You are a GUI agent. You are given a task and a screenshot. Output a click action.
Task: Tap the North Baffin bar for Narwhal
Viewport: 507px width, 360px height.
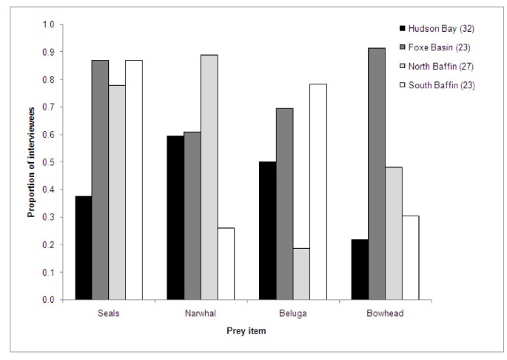pyautogui.click(x=209, y=177)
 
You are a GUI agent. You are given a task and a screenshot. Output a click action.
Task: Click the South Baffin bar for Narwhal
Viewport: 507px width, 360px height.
pyautogui.click(x=226, y=264)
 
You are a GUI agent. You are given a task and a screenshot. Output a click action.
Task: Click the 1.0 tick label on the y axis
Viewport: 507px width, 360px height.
pyautogui.click(x=50, y=24)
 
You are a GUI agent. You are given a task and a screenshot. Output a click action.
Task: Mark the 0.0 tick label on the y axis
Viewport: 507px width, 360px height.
pyautogui.click(x=50, y=300)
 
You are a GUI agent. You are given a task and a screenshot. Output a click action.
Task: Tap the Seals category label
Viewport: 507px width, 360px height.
pyautogui.click(x=108, y=313)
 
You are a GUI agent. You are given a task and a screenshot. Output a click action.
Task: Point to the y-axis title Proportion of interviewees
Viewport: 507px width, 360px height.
pyautogui.click(x=32, y=161)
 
